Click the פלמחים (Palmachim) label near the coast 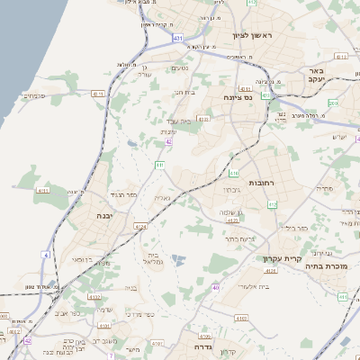coord(33,95)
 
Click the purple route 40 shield coord(216,287)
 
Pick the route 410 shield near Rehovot coord(234,173)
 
